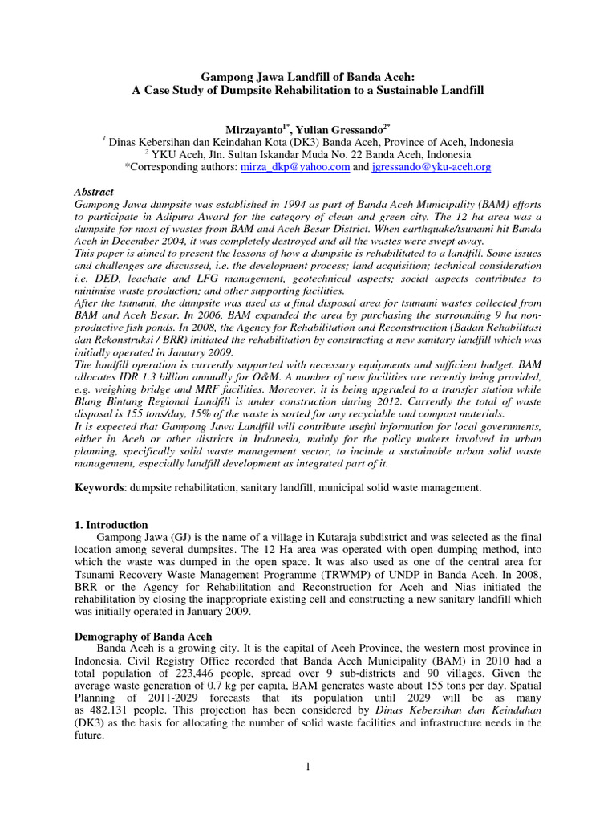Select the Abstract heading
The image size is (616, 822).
pyautogui.click(x=94, y=193)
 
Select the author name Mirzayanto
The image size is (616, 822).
pyautogui.click(x=254, y=128)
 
